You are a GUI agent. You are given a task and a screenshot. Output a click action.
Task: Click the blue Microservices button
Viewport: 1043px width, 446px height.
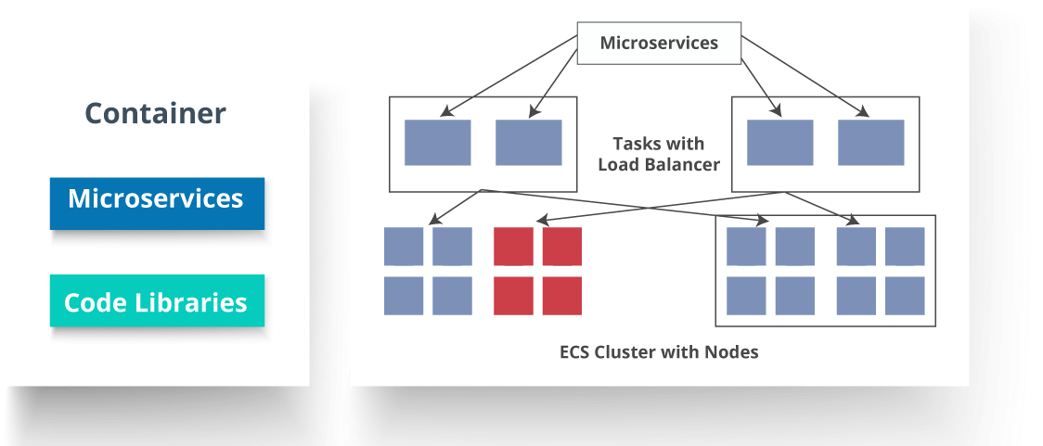point(156,200)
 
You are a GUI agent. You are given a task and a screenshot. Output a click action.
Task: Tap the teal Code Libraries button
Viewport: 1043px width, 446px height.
point(156,302)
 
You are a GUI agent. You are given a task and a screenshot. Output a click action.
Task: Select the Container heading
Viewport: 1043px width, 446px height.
point(155,113)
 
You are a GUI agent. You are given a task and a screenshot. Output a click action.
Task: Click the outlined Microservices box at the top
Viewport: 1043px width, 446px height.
point(659,44)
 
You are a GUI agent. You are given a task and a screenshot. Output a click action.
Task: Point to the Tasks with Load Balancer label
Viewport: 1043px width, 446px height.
point(658,154)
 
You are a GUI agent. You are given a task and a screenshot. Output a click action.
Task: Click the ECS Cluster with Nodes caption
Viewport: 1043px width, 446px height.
point(659,352)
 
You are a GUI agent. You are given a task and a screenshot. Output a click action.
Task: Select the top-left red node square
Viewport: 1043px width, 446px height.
point(513,246)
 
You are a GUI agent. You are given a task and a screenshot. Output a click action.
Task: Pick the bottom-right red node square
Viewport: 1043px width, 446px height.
point(562,295)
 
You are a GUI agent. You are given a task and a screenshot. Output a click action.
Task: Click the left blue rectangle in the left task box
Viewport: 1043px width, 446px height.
point(437,143)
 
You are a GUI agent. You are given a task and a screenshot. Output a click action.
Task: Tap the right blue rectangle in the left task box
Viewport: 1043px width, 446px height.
point(528,143)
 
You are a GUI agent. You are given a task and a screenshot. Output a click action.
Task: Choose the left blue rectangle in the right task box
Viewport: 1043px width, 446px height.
point(779,143)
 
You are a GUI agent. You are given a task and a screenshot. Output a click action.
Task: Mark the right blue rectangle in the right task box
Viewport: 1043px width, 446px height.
point(870,143)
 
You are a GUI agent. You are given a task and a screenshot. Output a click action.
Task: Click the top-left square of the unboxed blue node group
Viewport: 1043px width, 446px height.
point(404,246)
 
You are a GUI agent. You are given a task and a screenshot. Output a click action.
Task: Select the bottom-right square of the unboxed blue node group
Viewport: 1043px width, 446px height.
point(453,295)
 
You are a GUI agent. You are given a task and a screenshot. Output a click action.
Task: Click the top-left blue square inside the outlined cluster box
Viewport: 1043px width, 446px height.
point(746,246)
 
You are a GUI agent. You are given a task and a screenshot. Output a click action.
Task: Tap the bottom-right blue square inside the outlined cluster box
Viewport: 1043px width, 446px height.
point(905,295)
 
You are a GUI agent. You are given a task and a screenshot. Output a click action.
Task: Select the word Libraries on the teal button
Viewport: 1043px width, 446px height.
point(200,302)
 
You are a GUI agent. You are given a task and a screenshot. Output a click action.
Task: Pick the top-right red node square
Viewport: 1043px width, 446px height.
point(562,246)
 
